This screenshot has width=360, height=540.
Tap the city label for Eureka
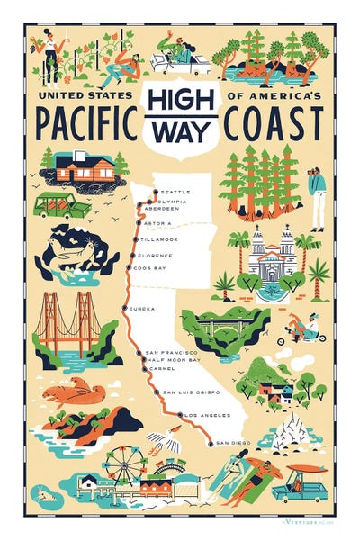[x=143, y=308]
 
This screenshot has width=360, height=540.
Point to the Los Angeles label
[x=208, y=414]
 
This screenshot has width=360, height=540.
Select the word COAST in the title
[x=274, y=121]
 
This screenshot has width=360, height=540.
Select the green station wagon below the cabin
[x=61, y=205]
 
